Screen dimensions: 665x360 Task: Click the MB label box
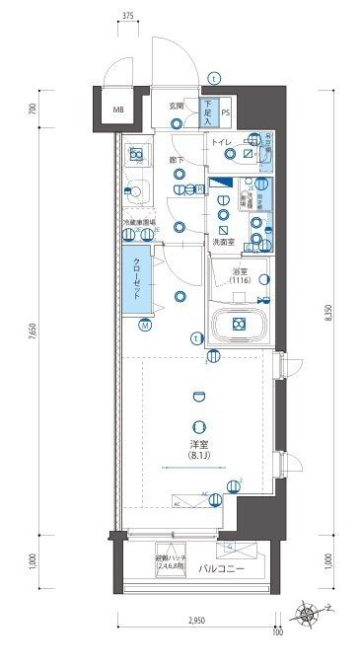tap(117, 110)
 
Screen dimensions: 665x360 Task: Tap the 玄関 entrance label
tap(177, 105)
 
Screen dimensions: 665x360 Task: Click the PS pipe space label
tap(226, 111)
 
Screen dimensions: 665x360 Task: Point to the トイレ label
tap(220, 143)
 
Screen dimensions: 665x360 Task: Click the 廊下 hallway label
tap(178, 159)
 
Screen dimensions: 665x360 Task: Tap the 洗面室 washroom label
tap(222, 242)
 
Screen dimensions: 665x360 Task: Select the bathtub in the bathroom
tap(237, 324)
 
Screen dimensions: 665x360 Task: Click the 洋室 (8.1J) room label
tap(201, 450)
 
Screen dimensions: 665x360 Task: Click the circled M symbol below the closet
tap(144, 325)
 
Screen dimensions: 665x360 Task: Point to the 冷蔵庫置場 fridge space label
tap(138, 223)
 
